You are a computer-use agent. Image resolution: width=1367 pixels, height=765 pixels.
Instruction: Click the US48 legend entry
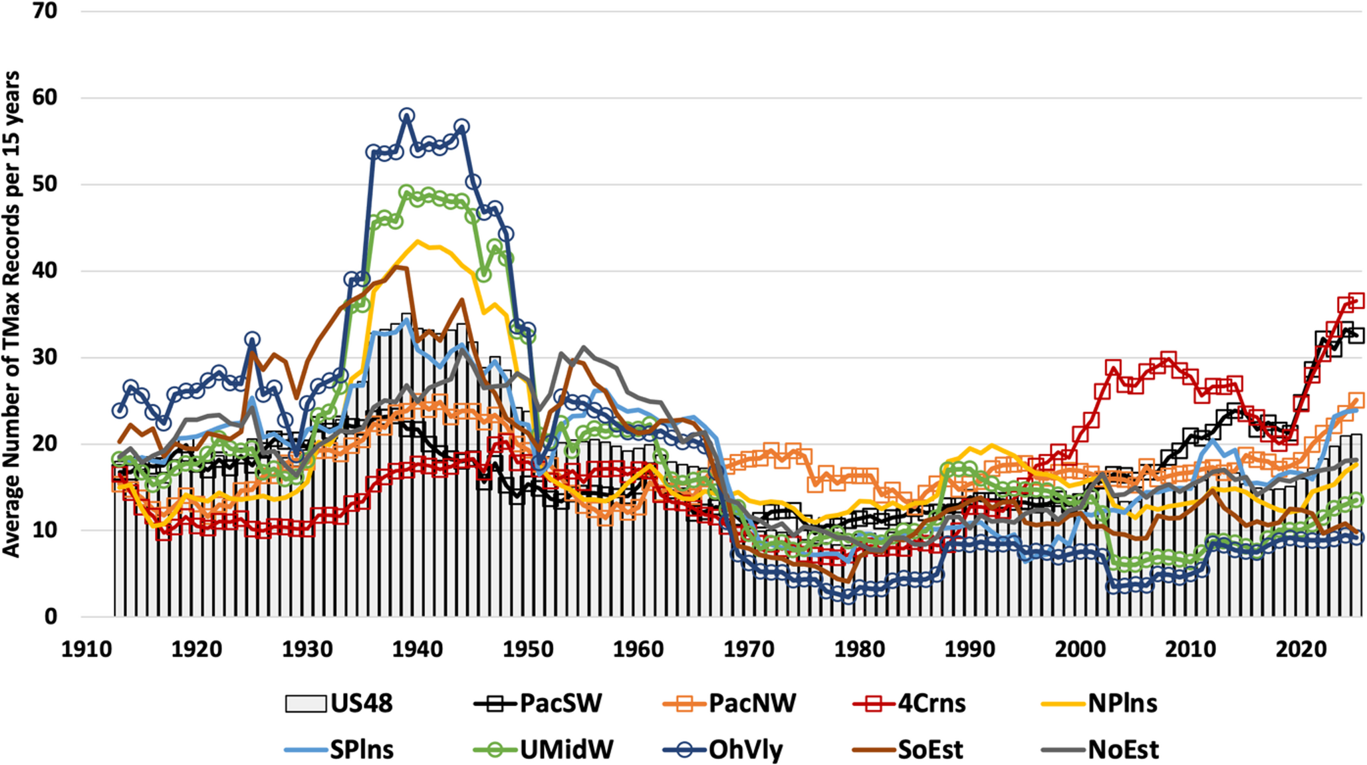pos(339,703)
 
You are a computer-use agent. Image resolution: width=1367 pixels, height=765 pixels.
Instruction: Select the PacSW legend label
pos(538,703)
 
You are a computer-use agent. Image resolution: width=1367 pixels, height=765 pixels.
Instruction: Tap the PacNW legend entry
pos(729,703)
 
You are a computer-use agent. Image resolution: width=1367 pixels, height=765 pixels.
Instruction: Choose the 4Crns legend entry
pos(909,703)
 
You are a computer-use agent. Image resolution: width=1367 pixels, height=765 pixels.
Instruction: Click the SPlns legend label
pos(339,750)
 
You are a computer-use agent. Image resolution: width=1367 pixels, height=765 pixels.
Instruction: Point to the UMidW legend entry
pos(543,750)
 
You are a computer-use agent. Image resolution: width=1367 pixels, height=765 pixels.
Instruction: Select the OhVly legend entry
pos(723,750)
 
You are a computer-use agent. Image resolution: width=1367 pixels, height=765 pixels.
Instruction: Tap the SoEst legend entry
pos(908,750)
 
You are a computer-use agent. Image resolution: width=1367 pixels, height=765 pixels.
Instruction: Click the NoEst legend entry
pos(1100,750)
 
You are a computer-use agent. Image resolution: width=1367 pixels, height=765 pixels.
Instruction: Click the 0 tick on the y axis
pos(51,616)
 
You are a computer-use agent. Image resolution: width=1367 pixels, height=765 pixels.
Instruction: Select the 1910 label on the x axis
pos(86,649)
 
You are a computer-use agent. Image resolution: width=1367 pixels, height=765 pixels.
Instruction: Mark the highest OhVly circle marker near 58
pos(407,116)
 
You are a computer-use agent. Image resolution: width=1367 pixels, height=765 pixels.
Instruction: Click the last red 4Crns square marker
pos(1356,300)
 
